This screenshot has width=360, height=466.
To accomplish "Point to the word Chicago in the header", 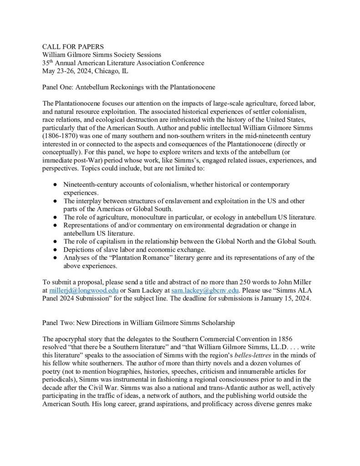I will click(x=108, y=70).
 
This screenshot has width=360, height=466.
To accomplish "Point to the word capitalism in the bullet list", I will click(x=102, y=242).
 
